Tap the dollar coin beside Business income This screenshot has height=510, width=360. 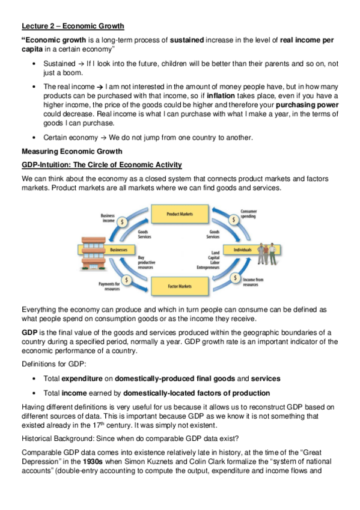click(124, 221)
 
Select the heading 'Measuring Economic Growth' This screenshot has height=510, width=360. click(72, 150)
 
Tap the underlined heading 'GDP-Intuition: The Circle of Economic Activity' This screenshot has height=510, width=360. click(102, 165)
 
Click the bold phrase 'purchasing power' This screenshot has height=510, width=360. click(305, 105)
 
